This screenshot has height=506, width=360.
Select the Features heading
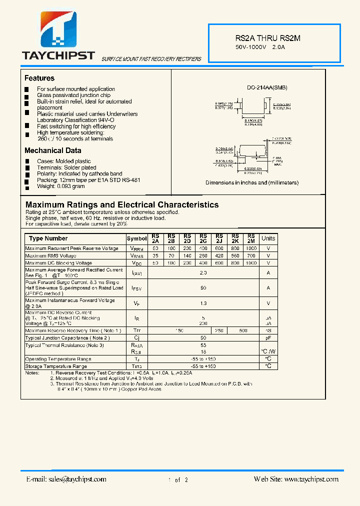point(39,78)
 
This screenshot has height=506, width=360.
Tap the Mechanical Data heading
point(53,150)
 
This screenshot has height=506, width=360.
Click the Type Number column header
point(48,238)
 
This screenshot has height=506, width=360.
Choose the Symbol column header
point(136,239)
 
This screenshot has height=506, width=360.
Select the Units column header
point(268,238)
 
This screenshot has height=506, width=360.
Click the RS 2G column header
point(203,238)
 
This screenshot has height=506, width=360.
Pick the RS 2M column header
point(251,238)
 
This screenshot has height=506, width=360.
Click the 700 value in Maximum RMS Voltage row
point(251,255)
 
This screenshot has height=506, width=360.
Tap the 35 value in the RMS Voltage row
point(155,255)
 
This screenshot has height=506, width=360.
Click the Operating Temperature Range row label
point(58,359)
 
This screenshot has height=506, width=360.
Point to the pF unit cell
point(268,338)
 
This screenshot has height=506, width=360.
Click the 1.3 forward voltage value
point(203,303)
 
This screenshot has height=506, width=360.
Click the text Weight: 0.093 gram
point(60,186)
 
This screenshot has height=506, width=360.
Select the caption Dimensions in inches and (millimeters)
point(252,182)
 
